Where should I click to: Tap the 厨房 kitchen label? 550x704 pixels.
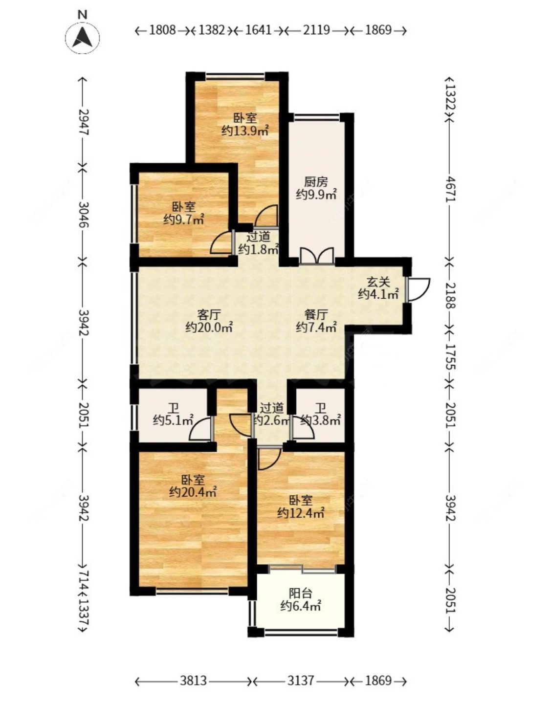[316, 182]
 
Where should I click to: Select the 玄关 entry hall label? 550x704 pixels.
[378, 282]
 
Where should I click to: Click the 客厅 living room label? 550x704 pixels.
[209, 314]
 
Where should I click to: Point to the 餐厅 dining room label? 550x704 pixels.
[316, 314]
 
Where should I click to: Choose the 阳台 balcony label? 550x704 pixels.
[300, 593]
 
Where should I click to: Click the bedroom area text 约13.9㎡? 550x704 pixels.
[245, 131]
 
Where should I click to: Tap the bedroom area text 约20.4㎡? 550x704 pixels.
[193, 492]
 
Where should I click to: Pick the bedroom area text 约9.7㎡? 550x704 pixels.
[184, 220]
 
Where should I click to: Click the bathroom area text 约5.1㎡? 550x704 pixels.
[173, 420]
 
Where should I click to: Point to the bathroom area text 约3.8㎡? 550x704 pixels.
[320, 420]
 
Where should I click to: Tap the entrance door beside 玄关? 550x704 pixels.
[418, 289]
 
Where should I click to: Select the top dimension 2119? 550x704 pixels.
[316, 30]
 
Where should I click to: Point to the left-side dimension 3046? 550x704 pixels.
[84, 215]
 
